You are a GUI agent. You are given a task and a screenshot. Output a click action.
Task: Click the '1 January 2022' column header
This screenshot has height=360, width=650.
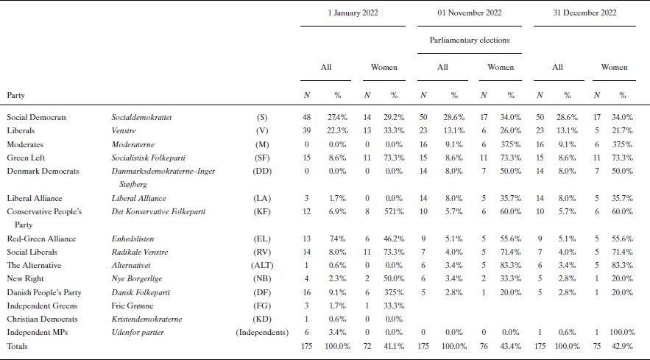(x=353, y=13)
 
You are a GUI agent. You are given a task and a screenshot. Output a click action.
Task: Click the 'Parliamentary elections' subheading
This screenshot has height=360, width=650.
(x=470, y=40)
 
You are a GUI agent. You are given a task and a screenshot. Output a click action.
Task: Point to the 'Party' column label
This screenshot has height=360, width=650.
(x=16, y=95)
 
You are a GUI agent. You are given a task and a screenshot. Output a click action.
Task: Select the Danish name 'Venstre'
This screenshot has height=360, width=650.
(x=124, y=130)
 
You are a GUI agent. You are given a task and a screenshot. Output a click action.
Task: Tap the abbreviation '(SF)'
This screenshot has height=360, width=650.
(x=262, y=158)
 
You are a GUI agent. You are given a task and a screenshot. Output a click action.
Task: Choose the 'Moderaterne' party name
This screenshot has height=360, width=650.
(x=133, y=144)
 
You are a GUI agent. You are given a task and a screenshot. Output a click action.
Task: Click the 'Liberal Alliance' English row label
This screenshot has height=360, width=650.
(x=34, y=198)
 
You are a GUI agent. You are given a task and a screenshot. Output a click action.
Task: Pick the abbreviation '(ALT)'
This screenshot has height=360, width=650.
(x=262, y=265)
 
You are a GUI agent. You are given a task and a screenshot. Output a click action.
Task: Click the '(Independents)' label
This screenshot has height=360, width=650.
(x=261, y=332)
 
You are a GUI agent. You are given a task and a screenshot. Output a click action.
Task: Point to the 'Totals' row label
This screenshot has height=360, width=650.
(x=18, y=346)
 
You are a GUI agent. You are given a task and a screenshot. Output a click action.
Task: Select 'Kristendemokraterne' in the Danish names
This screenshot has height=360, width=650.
(x=147, y=319)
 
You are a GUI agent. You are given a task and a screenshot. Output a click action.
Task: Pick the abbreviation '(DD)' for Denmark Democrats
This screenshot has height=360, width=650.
(x=262, y=171)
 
